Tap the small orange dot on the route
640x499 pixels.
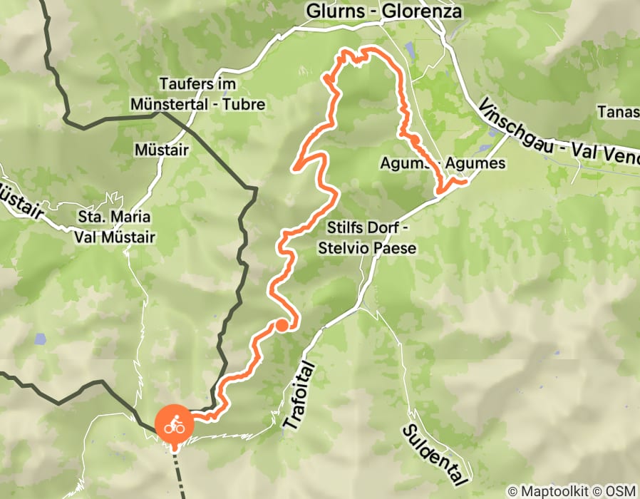pyautogui.click(x=282, y=326)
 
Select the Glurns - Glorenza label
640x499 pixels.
pyautogui.click(x=383, y=12)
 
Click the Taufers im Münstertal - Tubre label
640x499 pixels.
pyautogui.click(x=198, y=94)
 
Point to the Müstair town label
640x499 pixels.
pyautogui.click(x=161, y=150)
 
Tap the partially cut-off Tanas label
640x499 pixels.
pyautogui.click(x=618, y=112)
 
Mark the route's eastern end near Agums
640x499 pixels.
pyautogui.click(x=465, y=181)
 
